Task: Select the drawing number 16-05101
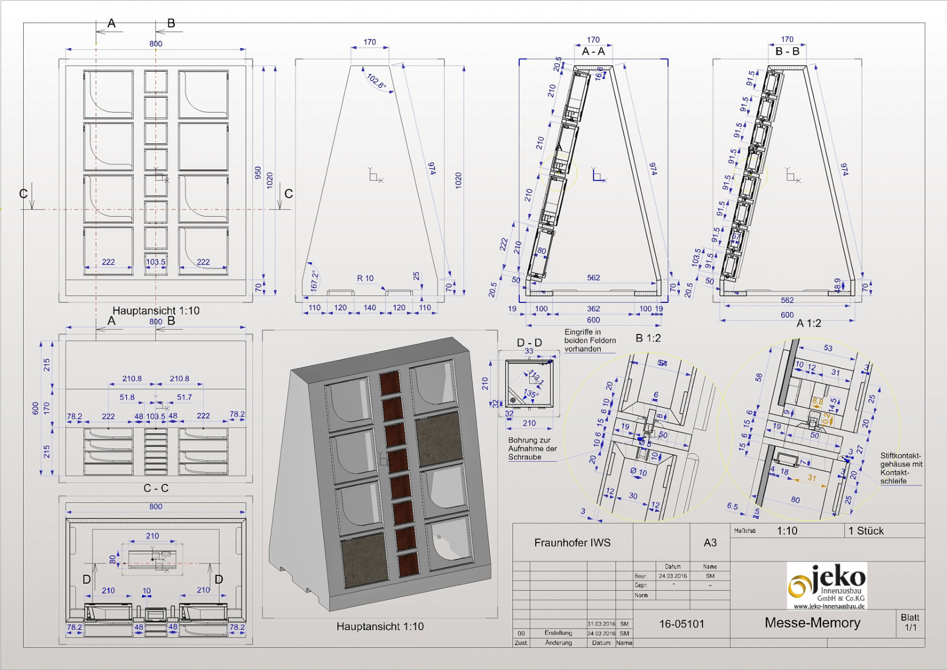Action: point(681,624)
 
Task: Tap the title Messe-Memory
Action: point(812,623)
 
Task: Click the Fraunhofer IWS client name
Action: point(572,543)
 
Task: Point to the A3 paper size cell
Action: point(710,543)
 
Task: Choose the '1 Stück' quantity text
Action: point(866,531)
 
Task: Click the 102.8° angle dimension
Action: point(376,81)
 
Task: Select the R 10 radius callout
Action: point(365,278)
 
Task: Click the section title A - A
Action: point(593,52)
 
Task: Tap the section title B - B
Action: point(787,52)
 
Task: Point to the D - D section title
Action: point(529,342)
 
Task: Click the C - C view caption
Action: point(156,488)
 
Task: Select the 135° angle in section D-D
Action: point(531,393)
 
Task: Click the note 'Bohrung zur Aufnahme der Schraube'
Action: point(532,449)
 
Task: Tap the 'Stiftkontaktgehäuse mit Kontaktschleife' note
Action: point(901,468)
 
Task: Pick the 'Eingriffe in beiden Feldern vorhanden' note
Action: point(590,340)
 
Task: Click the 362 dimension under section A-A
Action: point(593,309)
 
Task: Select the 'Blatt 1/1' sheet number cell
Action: point(910,622)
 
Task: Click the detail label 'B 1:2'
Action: point(648,338)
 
